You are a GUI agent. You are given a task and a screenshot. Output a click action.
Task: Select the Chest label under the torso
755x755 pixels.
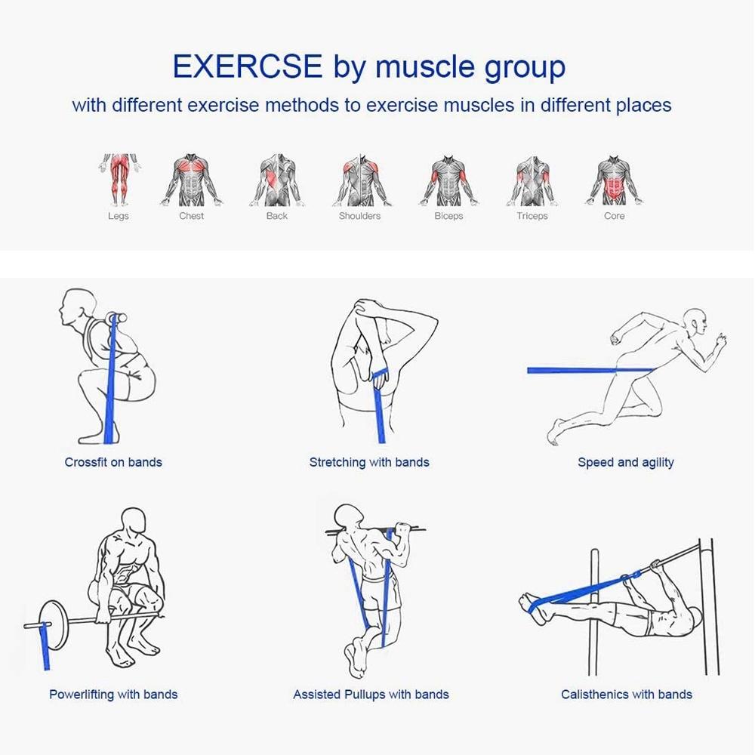191,216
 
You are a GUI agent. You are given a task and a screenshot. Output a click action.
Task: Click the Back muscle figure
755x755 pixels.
277,180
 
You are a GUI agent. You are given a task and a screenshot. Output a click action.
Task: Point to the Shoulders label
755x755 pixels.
359,216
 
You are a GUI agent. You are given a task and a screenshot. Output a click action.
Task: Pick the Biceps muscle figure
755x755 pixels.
448,180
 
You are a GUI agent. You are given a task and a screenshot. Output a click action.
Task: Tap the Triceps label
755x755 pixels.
532,216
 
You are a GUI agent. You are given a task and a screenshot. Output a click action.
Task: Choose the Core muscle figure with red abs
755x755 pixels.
613,180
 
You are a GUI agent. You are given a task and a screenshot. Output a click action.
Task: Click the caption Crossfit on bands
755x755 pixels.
113,462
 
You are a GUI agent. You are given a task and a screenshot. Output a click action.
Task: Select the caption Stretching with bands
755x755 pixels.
369,462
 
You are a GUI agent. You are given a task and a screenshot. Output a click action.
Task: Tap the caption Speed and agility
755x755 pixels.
625,462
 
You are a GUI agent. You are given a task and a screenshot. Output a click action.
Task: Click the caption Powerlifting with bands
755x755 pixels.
113,695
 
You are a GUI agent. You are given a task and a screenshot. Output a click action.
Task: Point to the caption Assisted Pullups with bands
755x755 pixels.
371,695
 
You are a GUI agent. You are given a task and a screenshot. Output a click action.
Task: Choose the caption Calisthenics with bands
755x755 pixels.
627,695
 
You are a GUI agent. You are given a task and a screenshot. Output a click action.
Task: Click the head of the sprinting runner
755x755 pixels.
695,322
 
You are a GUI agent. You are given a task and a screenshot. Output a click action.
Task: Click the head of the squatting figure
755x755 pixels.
78,308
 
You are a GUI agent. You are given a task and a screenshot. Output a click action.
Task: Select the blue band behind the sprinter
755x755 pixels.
591,370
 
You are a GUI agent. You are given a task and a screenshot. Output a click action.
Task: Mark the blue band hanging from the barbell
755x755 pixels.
46,646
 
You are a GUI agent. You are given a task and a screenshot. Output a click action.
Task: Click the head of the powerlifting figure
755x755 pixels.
134,522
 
